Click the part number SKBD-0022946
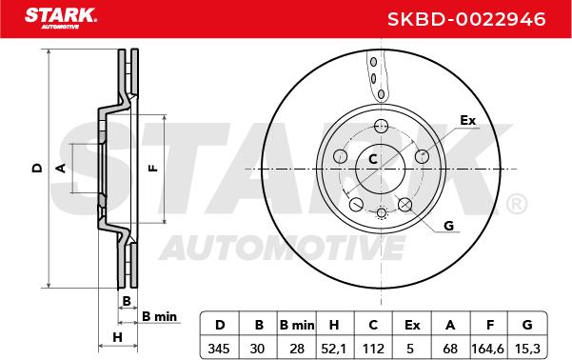(x=466, y=19)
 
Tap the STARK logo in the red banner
(x=61, y=18)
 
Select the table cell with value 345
(x=219, y=349)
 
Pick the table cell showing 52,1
(x=334, y=349)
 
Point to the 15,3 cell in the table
(x=527, y=349)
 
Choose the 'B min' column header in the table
(x=297, y=325)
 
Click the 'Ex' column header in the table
(x=412, y=325)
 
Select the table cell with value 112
(x=373, y=349)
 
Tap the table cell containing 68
(x=450, y=349)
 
